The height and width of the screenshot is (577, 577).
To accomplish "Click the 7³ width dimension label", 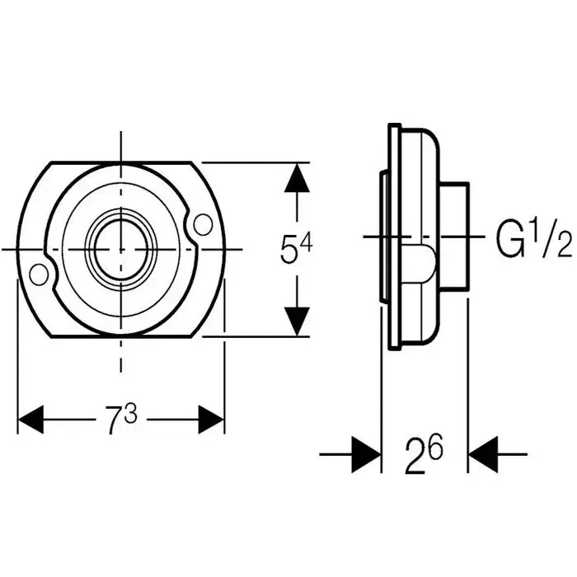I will click(x=120, y=421).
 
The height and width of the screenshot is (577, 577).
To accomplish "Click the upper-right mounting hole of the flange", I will click(x=199, y=223).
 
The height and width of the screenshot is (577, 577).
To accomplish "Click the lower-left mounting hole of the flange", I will click(x=37, y=273).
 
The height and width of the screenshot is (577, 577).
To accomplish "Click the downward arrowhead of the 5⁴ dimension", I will click(x=297, y=320).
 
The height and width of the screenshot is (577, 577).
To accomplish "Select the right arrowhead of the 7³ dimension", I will click(x=211, y=420).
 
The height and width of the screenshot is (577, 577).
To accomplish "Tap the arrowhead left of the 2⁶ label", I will click(x=367, y=453).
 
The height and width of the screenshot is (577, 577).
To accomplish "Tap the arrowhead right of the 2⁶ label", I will click(x=481, y=453).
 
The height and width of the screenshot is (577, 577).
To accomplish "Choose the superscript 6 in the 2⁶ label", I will click(x=435, y=446).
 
